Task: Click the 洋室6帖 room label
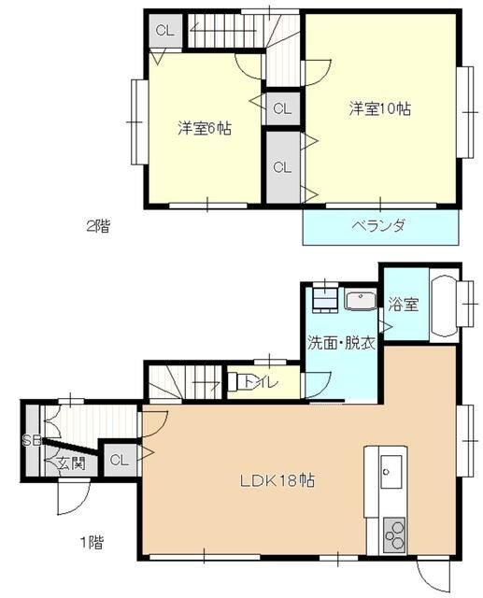tap(205, 129)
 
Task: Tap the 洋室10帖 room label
tap(380, 108)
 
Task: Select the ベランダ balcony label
tap(379, 225)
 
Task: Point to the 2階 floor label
tap(97, 224)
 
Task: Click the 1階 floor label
tap(92, 541)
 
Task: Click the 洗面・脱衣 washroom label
tap(341, 343)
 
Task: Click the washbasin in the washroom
tap(359, 300)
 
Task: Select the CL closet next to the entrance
tap(118, 460)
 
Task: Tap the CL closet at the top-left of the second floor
tap(164, 30)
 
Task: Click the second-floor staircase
tap(224, 32)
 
